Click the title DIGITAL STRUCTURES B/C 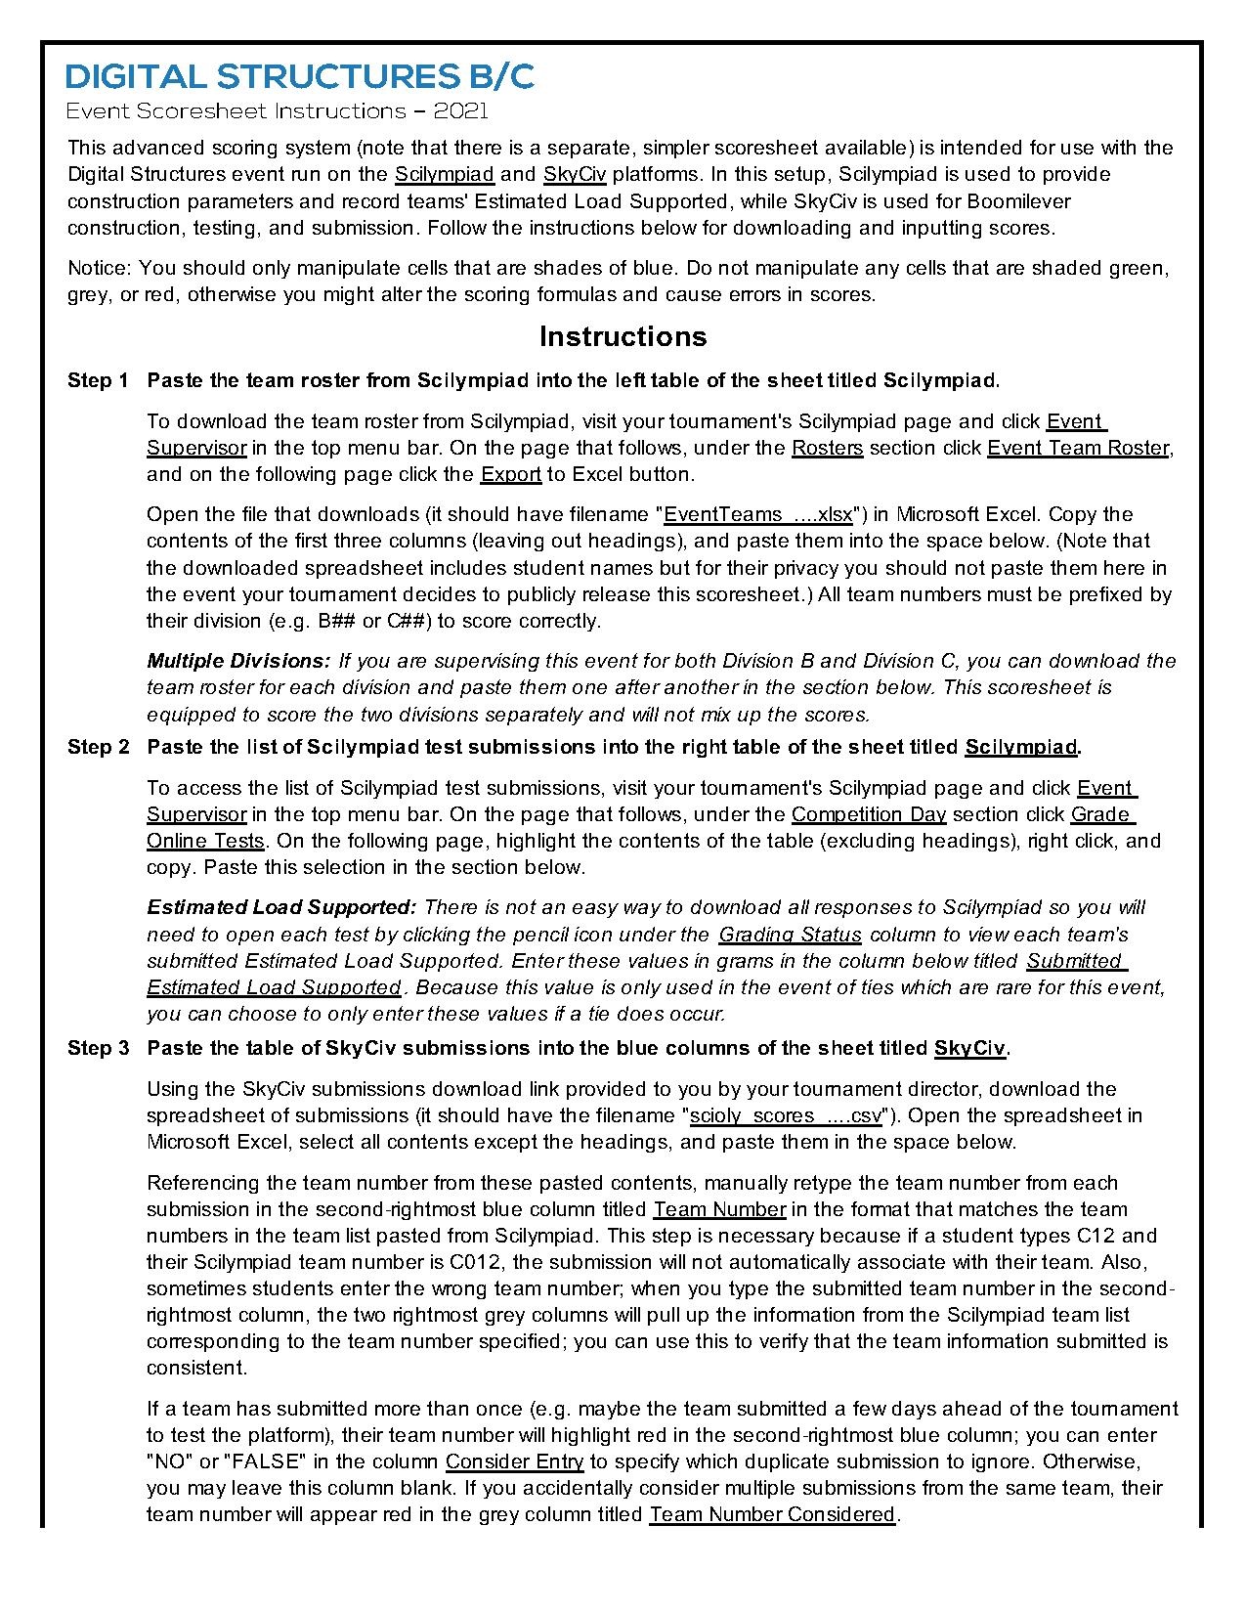tap(300, 76)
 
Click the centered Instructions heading tap(623, 336)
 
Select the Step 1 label tap(98, 380)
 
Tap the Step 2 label tap(98, 747)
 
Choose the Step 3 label tap(98, 1048)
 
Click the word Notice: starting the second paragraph tap(100, 268)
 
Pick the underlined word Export tap(510, 474)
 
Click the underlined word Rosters tap(827, 448)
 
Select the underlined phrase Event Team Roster tap(1078, 448)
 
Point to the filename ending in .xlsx tap(757, 514)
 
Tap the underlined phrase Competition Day tap(869, 814)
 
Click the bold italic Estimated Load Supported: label tap(281, 907)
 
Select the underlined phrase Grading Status tap(790, 935)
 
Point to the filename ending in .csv tap(786, 1115)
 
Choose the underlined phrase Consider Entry tap(514, 1461)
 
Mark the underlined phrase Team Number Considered tap(772, 1514)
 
